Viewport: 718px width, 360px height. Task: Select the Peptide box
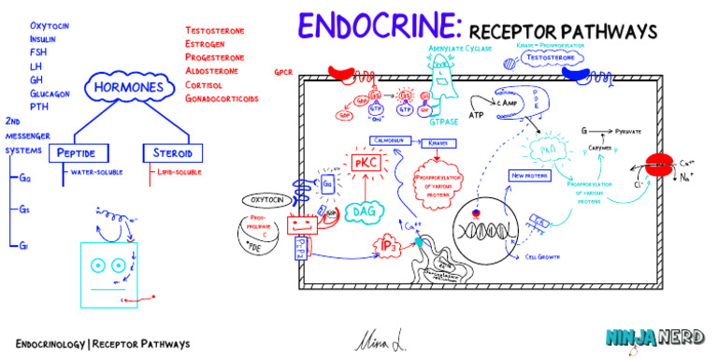(x=81, y=152)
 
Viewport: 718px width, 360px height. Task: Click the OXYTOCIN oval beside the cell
(x=270, y=199)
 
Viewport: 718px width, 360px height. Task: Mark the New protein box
(x=529, y=175)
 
